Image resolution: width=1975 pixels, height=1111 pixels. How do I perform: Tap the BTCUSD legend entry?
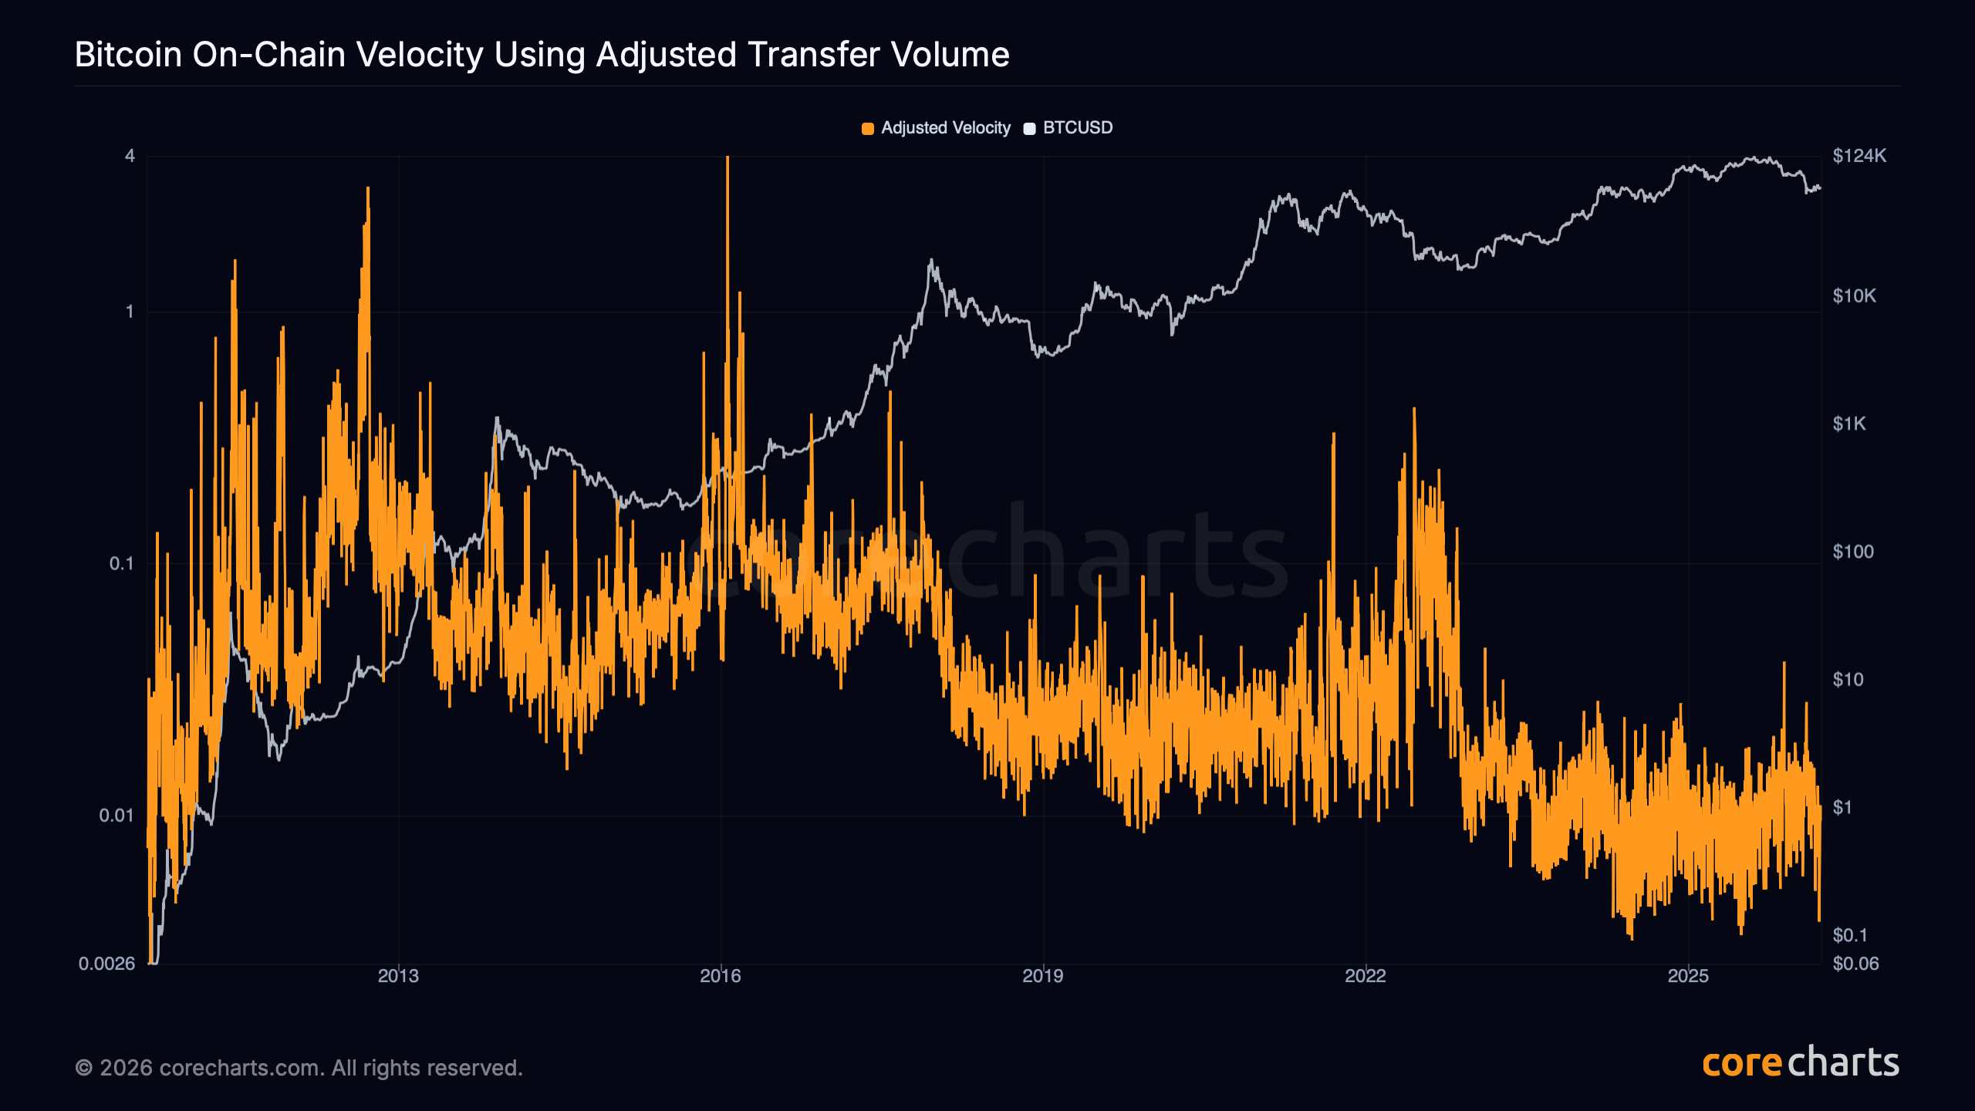pos(1069,128)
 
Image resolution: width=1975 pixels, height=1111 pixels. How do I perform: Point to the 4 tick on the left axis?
pos(130,157)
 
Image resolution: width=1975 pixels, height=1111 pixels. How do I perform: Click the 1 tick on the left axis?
pos(130,312)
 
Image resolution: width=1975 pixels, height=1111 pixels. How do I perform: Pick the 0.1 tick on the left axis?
pos(121,564)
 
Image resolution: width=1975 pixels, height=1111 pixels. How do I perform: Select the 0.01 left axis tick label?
pos(116,816)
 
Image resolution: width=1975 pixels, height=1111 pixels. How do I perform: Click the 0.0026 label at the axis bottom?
pos(106,964)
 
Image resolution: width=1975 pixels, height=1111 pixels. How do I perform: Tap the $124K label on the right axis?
pos(1859,157)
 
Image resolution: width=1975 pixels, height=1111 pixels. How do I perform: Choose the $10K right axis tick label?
pos(1854,296)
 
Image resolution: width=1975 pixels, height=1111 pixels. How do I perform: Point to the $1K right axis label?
pos(1848,424)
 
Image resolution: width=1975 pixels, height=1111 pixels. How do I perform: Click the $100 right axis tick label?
pos(1852,552)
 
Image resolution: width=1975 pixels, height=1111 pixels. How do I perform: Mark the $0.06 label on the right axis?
pos(1855,964)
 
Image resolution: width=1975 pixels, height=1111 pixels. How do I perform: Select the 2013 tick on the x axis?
pos(398,976)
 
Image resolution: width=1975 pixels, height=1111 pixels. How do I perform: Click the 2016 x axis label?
pos(721,976)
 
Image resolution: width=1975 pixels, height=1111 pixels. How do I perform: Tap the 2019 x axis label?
pos(1043,976)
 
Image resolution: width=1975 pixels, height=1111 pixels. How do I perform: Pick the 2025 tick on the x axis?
pos(1688,976)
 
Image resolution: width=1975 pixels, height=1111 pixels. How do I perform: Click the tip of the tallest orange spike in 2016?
pos(727,158)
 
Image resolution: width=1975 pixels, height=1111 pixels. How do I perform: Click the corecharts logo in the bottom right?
pos(1800,1063)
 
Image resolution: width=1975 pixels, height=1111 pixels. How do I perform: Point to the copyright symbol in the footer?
pos(84,1069)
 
